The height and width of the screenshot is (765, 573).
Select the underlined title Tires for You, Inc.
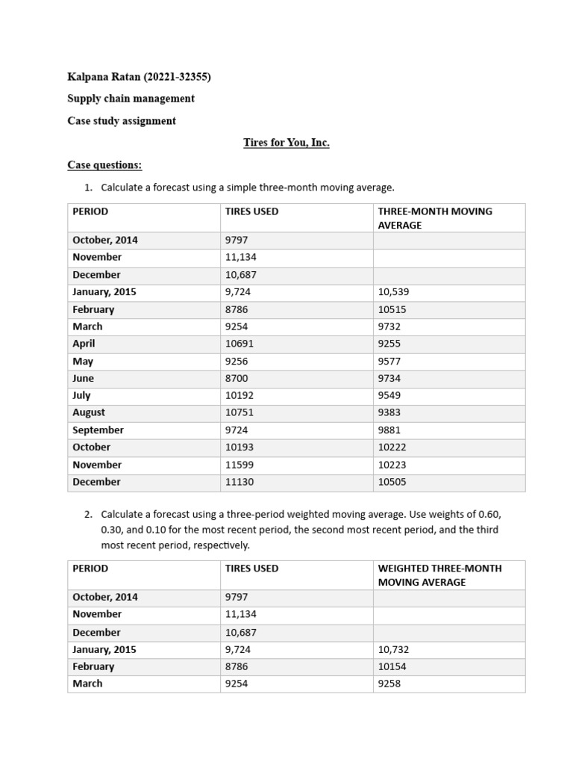pyautogui.click(x=286, y=143)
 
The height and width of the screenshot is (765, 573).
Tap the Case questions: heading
pyautogui.click(x=104, y=164)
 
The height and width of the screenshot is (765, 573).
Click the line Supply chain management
pyautogui.click(x=131, y=99)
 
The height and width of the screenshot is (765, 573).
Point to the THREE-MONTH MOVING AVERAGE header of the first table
pyautogui.click(x=435, y=218)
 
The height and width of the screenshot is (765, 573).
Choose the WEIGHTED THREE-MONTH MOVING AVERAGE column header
pyautogui.click(x=439, y=575)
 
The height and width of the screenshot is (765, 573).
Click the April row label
pyautogui.click(x=84, y=344)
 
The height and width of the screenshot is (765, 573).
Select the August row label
pyautogui.click(x=89, y=412)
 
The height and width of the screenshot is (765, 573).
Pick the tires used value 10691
pyautogui.click(x=239, y=344)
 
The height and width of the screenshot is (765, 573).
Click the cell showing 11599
pyautogui.click(x=239, y=465)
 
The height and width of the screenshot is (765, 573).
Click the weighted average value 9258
pyautogui.click(x=389, y=684)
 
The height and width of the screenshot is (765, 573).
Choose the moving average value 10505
pyautogui.click(x=392, y=482)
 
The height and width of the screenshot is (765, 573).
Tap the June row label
pyautogui.click(x=83, y=378)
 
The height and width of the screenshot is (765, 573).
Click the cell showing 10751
pyautogui.click(x=239, y=412)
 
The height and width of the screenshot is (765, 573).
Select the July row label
pyautogui.click(x=81, y=395)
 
